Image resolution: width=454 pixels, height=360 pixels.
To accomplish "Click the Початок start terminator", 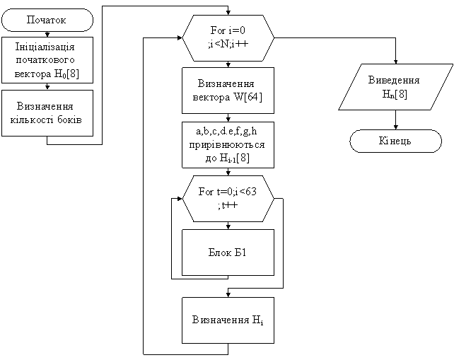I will pos(47,20).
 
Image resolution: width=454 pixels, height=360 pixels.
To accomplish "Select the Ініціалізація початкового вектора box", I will pos(47,60).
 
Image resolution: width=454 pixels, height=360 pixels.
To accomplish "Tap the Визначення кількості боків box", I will pos(47,112).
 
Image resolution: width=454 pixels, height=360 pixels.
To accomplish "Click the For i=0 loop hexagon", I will pos(228,37).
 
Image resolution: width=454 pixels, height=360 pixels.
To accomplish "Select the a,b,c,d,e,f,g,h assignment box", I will pos(228,144).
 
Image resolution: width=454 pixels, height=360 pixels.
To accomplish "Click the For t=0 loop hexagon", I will pos(228,198).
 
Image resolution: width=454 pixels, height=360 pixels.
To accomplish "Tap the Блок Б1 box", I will pos(228,252).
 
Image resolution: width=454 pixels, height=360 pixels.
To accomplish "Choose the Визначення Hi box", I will pos(228,320).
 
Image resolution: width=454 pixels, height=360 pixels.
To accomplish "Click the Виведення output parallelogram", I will pos(394,87).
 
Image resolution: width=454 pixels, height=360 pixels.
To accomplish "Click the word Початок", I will pos(47,20).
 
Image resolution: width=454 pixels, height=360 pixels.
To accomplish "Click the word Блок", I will pos(220,252).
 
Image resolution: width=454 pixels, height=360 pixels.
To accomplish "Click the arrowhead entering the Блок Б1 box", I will pos(228,226).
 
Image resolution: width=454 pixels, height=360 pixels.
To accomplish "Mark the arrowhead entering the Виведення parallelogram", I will pos(395,62).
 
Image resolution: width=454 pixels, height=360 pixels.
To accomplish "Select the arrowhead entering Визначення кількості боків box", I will pos(47,87).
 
